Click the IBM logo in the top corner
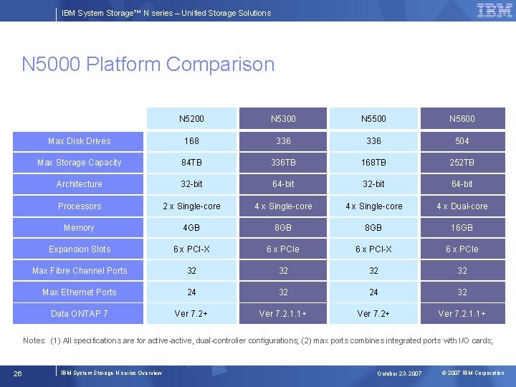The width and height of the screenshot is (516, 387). (494, 11)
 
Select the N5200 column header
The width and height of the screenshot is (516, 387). (191, 118)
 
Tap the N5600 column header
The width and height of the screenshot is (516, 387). (462, 118)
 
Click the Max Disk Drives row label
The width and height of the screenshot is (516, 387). (79, 141)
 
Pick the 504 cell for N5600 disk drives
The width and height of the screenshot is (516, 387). (462, 141)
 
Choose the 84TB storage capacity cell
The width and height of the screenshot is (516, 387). (191, 163)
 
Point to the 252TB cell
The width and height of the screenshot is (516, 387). (462, 163)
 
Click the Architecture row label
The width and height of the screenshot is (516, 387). (79, 184)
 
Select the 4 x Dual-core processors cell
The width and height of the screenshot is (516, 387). (462, 206)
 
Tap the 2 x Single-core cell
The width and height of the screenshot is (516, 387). (191, 206)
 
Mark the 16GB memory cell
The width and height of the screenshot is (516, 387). (462, 228)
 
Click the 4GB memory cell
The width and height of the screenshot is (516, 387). (191, 228)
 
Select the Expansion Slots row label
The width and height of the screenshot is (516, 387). (79, 249)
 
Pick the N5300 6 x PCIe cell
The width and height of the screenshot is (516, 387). (283, 249)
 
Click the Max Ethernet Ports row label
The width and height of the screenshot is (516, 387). (79, 292)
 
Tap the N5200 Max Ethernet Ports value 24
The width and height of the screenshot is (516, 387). (191, 292)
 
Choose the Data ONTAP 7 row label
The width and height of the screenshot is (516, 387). (79, 314)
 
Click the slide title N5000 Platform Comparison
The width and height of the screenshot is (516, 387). (148, 64)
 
